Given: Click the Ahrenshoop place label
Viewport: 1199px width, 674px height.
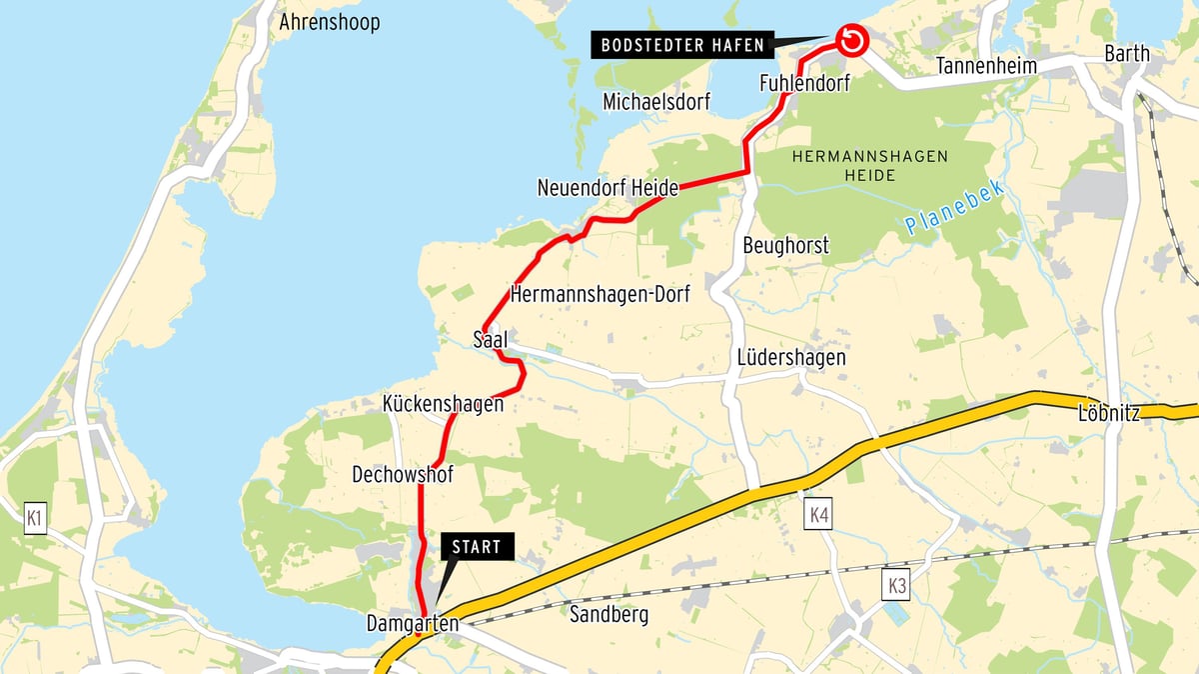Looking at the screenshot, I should [x=330, y=22].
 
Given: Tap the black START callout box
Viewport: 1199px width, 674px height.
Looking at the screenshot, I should [x=476, y=547].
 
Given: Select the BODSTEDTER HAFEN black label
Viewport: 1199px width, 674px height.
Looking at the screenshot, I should [x=682, y=45].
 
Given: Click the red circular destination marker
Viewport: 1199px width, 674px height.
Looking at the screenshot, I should [x=850, y=41].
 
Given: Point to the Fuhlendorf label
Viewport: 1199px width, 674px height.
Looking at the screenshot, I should [x=804, y=83].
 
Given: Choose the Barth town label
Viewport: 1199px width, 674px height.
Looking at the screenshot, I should [x=1127, y=54].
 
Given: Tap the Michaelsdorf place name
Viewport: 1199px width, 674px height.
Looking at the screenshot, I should [x=656, y=102].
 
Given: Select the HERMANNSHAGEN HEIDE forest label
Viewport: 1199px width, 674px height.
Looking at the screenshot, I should [x=870, y=166].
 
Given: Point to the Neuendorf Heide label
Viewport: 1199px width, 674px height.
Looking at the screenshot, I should [x=607, y=187].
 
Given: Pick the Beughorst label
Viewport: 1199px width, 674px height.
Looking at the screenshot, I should [x=786, y=245].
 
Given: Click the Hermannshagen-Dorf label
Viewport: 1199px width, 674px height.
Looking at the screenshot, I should [x=599, y=295].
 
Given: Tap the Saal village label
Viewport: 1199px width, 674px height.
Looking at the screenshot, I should [x=491, y=341].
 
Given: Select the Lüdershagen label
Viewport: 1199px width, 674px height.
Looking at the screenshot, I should [x=791, y=357].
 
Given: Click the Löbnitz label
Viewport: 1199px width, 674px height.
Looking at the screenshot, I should [x=1109, y=413].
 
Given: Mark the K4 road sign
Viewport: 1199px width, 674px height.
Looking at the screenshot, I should [x=818, y=515].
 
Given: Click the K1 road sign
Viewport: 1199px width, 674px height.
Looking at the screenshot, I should [x=36, y=518].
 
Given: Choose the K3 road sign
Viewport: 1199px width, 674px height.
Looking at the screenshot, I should [x=896, y=586].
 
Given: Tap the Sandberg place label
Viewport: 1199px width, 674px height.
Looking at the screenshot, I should [x=608, y=614].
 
